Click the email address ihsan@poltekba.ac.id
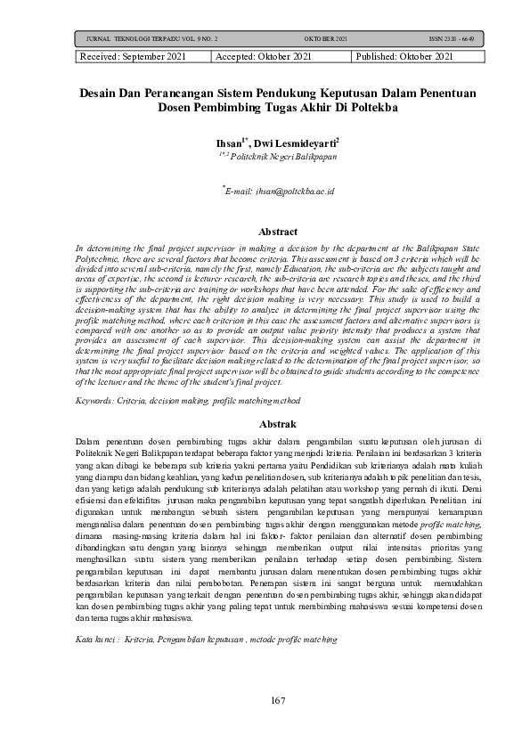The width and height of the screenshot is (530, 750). tap(281, 192)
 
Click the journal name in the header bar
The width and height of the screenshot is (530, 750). tap(151, 40)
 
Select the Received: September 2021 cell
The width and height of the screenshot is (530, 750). tap(142, 56)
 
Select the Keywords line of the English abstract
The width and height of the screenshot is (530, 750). tap(149, 403)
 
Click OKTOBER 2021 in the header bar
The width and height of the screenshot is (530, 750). tap(325, 40)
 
